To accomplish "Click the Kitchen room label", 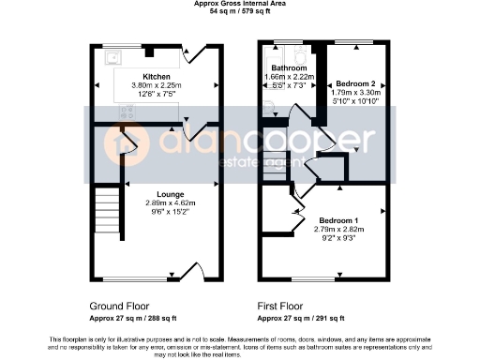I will point(156,76).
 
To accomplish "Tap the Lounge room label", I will point(156,193).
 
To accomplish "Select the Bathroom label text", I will point(289,68).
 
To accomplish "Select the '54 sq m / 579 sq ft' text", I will point(239,11).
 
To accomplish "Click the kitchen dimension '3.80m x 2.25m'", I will point(156,85).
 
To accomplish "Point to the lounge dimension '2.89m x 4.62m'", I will point(156,203).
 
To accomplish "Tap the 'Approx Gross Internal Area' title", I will point(239,4).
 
